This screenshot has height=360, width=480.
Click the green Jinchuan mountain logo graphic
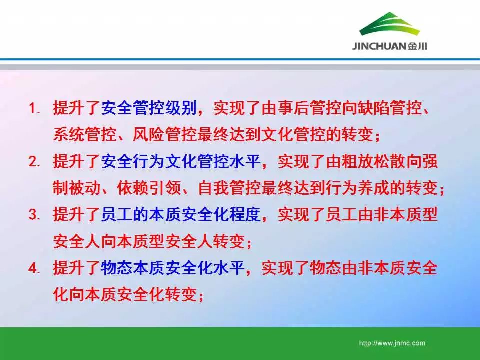[389, 24]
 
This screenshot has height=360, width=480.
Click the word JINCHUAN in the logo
[379, 46]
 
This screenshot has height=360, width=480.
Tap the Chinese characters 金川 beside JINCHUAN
[417, 46]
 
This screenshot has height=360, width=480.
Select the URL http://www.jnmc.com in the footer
[392, 343]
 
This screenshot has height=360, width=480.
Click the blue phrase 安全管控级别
[149, 108]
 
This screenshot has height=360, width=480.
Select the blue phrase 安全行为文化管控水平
[181, 161]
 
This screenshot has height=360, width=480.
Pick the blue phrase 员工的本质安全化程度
[181, 214]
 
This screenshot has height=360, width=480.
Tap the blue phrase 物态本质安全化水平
[173, 268]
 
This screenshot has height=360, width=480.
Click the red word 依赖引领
[149, 188]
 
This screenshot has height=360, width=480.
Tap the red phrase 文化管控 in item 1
[293, 134]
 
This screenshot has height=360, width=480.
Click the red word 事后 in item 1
[293, 108]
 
